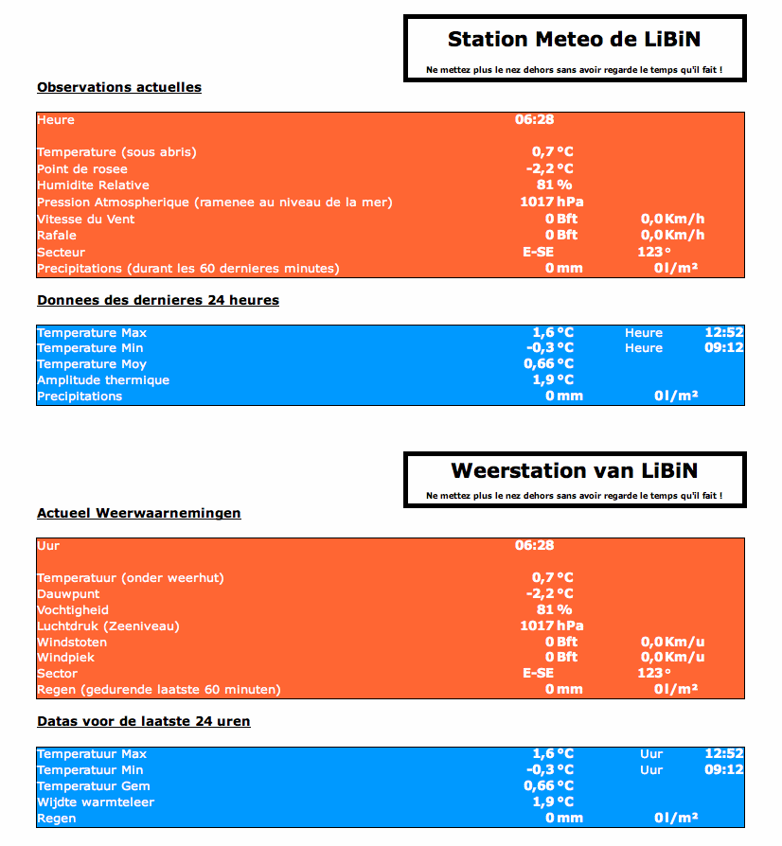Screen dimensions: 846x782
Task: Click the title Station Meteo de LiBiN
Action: tap(575, 39)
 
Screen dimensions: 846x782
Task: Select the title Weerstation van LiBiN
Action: tap(575, 470)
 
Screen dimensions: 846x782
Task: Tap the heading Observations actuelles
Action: tap(119, 87)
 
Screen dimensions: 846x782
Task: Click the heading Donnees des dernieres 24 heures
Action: tap(158, 300)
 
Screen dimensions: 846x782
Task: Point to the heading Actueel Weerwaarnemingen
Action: tap(139, 513)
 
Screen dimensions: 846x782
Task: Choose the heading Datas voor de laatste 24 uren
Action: tap(144, 721)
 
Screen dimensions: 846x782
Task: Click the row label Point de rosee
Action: tap(82, 168)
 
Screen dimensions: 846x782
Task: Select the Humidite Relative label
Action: tap(93, 185)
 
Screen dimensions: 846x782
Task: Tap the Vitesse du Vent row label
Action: tap(86, 219)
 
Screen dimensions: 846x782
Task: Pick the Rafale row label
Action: tap(57, 236)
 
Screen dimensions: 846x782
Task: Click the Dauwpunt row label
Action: tap(68, 594)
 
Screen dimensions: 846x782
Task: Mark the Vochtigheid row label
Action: tap(73, 610)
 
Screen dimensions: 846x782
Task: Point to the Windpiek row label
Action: tap(66, 658)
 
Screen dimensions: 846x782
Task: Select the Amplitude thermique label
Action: tap(103, 380)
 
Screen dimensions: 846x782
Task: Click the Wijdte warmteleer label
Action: tap(96, 802)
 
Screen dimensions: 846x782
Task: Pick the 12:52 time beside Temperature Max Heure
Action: tap(724, 332)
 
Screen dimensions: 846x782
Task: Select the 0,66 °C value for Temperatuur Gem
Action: tap(549, 786)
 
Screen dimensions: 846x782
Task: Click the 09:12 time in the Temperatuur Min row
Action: tap(724, 770)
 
